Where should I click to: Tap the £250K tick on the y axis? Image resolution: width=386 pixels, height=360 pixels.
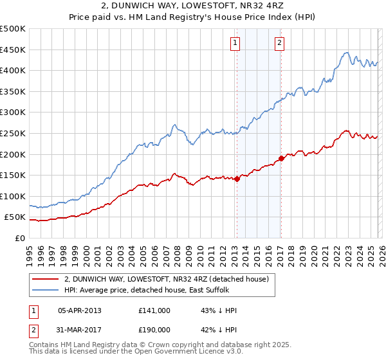pos(13,133)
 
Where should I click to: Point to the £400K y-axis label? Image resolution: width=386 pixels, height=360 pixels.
pos(13,70)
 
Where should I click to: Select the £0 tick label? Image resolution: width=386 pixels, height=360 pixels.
pos(19,239)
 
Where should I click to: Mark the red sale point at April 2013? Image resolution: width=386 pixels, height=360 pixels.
pos(237,179)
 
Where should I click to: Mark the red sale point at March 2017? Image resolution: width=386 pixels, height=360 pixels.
pos(282,158)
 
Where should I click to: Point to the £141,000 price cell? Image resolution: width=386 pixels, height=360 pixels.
pos(154,310)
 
